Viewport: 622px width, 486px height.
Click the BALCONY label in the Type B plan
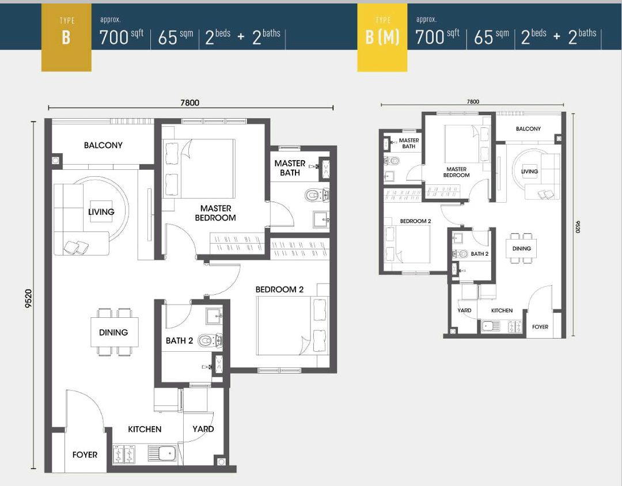[103, 145]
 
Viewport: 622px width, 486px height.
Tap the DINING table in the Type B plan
[114, 332]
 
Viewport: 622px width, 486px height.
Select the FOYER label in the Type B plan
[85, 454]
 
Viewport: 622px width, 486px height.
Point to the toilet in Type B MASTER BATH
[313, 195]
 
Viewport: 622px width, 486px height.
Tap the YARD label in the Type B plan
[203, 428]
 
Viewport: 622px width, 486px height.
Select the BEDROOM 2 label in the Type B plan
[279, 289]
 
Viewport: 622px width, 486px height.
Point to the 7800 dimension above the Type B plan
[189, 102]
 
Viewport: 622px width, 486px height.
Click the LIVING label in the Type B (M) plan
[529, 171]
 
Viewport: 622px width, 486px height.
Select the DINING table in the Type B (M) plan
[522, 248]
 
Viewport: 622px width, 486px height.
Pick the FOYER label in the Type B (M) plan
[540, 326]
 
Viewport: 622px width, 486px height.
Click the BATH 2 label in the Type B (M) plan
[479, 253]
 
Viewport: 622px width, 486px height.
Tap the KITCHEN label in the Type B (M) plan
[502, 310]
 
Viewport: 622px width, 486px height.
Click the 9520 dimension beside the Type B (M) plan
[577, 225]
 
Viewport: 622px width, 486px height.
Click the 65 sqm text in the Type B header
[176, 37]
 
